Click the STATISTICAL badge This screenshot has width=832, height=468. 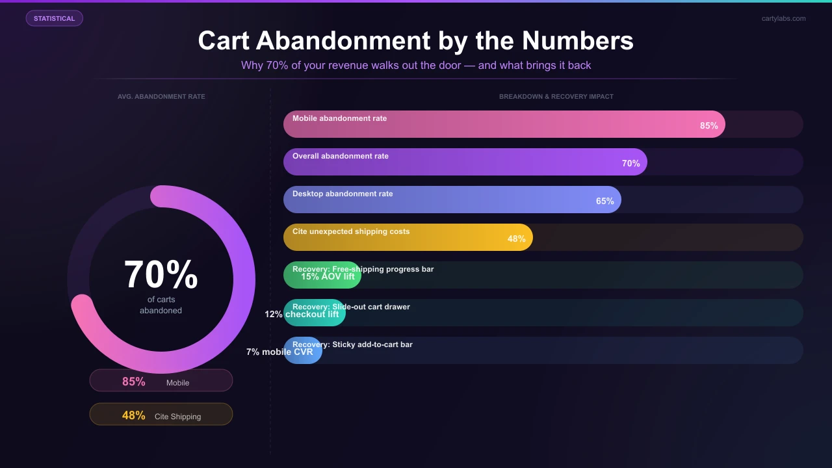pyautogui.click(x=54, y=18)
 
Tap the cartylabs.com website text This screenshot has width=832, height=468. pyautogui.click(x=783, y=18)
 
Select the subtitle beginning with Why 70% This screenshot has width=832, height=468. pyautogui.click(x=416, y=65)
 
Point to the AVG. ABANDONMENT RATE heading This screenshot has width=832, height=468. pyautogui.click(x=161, y=96)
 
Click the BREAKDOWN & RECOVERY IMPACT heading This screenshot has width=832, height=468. pyautogui.click(x=556, y=96)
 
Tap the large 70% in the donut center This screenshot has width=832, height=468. pyautogui.click(x=161, y=274)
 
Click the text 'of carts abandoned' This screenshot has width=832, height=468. pyautogui.click(x=161, y=305)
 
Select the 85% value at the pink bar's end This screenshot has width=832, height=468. pyautogui.click(x=708, y=125)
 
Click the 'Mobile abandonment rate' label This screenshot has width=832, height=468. pyautogui.click(x=339, y=118)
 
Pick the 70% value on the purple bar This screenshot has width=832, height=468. pyautogui.click(x=630, y=163)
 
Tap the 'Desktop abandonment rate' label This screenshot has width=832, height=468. pyautogui.click(x=343, y=194)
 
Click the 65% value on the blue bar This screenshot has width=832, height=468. pyautogui.click(x=604, y=201)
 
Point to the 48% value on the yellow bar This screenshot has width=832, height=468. pyautogui.click(x=516, y=239)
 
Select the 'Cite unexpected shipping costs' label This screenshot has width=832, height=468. pyautogui.click(x=351, y=231)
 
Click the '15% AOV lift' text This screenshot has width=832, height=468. pyautogui.click(x=328, y=276)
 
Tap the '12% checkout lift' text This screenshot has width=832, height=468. pyautogui.click(x=302, y=314)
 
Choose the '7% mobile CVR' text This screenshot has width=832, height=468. pyautogui.click(x=279, y=352)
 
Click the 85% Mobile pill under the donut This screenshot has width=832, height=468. pyautogui.click(x=161, y=381)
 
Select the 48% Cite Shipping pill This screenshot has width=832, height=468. pyautogui.click(x=161, y=415)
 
